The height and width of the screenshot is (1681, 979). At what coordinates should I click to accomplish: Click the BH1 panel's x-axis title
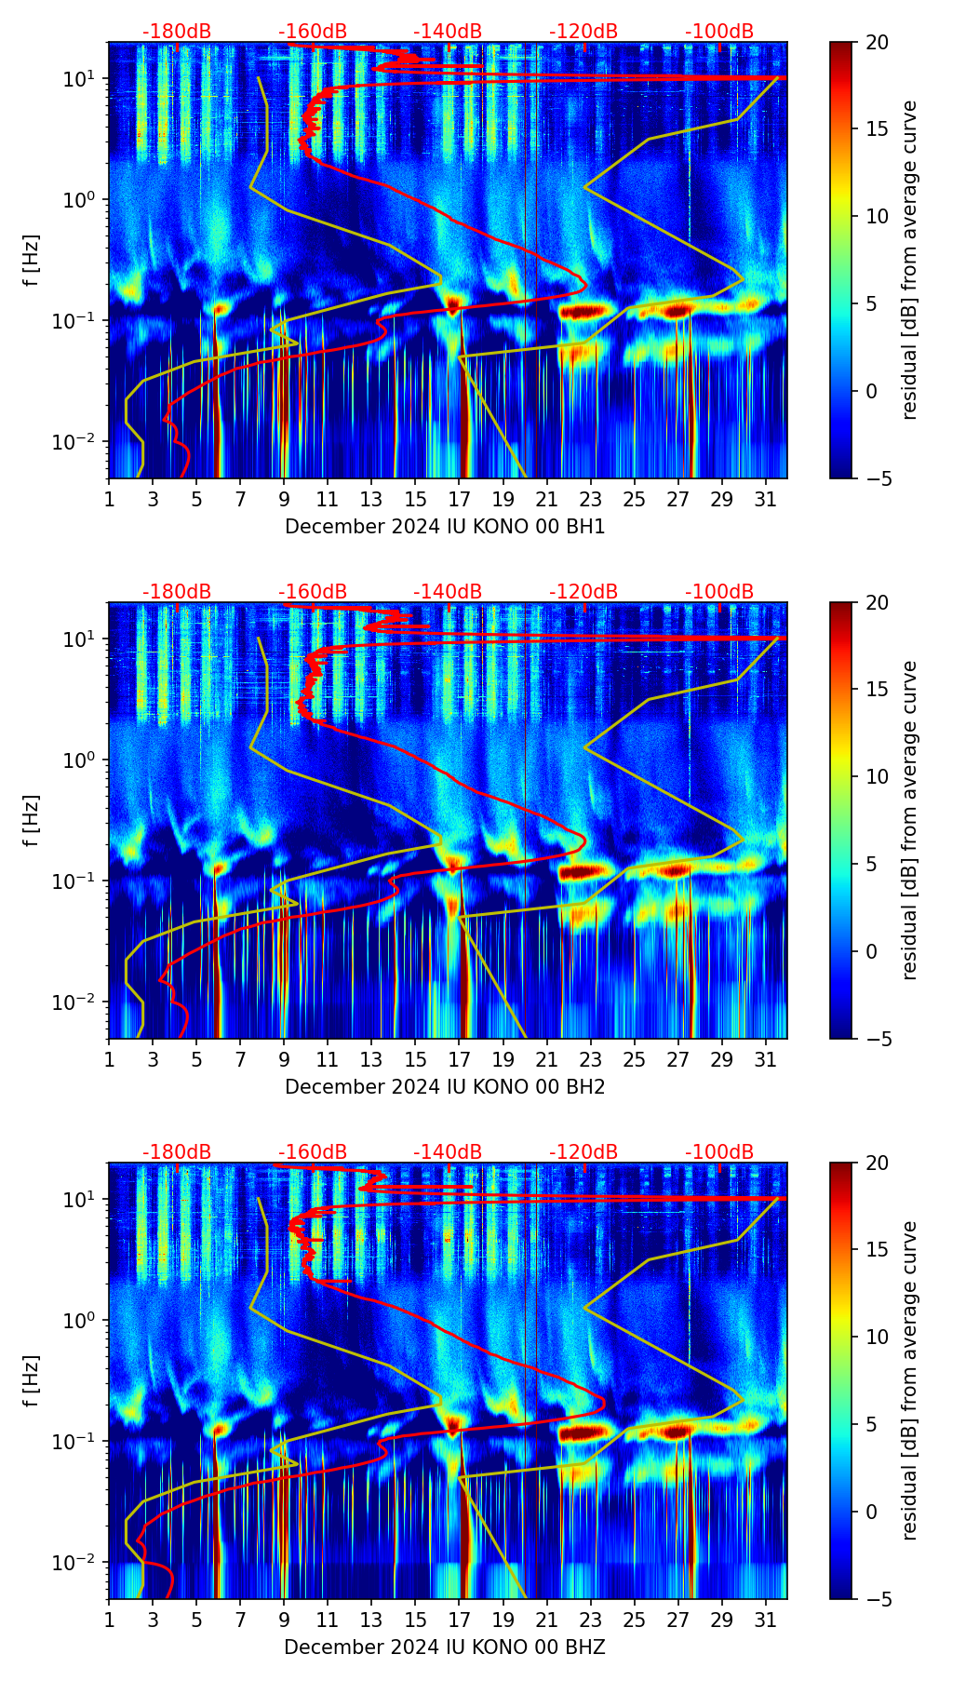click(445, 527)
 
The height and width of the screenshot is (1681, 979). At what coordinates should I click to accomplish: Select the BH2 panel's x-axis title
click(445, 1087)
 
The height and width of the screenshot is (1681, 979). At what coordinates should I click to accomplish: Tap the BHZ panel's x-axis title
click(445, 1647)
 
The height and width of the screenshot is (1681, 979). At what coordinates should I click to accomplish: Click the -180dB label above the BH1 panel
click(177, 32)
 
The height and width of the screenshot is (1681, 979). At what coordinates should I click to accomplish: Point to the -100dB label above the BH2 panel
click(719, 592)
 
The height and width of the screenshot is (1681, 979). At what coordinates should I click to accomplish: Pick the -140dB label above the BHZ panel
click(448, 1152)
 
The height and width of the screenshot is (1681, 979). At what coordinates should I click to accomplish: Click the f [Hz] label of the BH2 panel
click(32, 820)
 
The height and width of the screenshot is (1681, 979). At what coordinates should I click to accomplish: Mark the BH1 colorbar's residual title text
click(910, 260)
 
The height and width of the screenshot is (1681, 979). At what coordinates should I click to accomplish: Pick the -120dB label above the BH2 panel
click(583, 592)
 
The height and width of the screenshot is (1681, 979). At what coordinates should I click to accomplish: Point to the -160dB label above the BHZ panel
click(313, 1152)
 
